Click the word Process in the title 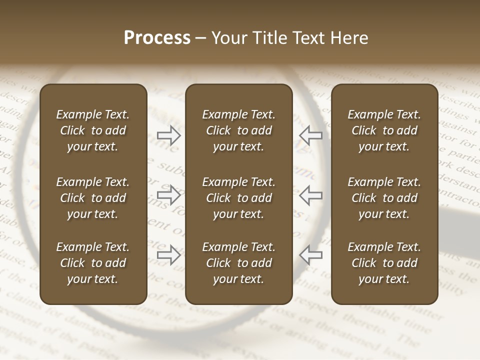(157, 38)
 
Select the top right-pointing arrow (169, 135)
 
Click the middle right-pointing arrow (169, 195)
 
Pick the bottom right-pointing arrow (169, 254)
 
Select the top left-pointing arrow (310, 135)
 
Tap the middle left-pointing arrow (310, 195)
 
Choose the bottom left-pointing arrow (310, 254)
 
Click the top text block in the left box (93, 130)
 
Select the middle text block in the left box (93, 198)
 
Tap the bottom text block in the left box (93, 263)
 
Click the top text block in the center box (238, 130)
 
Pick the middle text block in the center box (238, 198)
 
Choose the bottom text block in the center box (238, 263)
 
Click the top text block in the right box (384, 130)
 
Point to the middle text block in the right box (384, 198)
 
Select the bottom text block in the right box (384, 263)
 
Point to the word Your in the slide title (228, 38)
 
